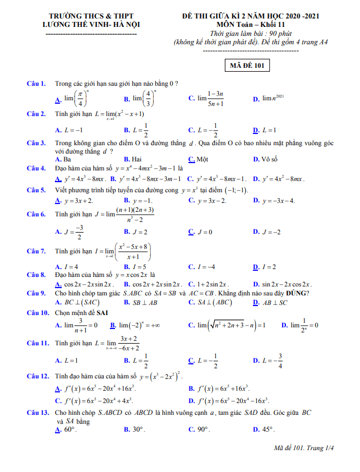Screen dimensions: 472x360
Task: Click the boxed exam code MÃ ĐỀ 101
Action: pos(247,66)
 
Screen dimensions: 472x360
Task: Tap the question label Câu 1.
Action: pos(36,84)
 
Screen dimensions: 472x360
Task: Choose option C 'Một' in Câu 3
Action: pos(202,159)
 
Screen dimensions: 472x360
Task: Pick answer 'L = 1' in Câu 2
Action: pos(269,130)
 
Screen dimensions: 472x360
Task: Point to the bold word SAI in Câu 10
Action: pos(103,312)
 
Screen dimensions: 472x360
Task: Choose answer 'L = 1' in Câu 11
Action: pos(71,360)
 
